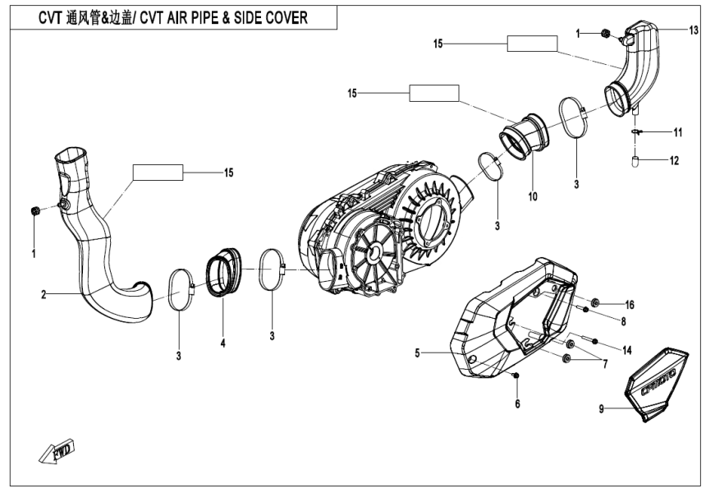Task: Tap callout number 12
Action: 674,161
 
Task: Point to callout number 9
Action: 602,408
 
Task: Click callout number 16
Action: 630,304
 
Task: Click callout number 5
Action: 418,353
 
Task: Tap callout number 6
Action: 518,403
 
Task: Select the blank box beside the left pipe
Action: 158,172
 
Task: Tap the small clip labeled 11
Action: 637,131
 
